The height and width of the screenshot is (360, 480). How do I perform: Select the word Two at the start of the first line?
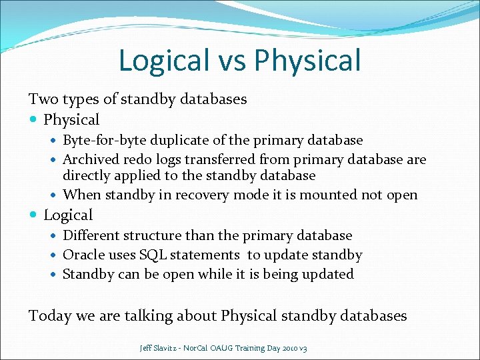42,99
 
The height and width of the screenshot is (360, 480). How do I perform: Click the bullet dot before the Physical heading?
34,121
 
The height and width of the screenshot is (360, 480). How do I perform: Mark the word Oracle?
83,255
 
